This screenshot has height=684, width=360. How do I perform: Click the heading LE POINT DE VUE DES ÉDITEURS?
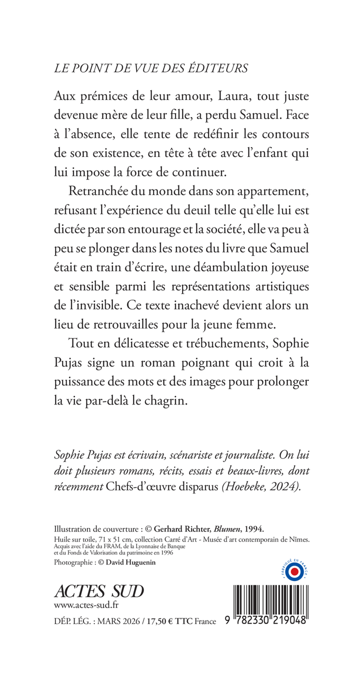(x=150, y=69)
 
